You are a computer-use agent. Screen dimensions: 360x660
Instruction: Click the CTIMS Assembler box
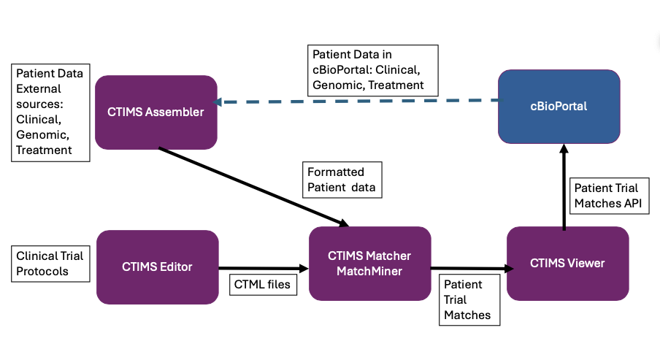point(156,111)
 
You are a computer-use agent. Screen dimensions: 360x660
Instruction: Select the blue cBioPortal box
point(559,107)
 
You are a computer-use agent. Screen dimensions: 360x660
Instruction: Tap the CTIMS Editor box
point(157,267)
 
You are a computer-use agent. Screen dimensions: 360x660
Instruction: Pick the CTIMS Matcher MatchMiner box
point(369,264)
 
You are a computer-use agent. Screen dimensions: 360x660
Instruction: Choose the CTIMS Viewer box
point(567,263)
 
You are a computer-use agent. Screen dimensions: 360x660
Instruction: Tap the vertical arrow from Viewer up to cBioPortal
point(564,186)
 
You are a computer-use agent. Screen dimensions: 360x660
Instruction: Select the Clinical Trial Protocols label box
point(50,263)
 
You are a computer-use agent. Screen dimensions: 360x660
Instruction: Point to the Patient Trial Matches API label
point(607,196)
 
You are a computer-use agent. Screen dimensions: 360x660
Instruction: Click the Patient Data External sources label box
point(50,112)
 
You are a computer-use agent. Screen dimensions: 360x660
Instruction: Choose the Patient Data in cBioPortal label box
point(372,69)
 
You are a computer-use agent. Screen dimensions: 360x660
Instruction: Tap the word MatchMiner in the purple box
point(369,272)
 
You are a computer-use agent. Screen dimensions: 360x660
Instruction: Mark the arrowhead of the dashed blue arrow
point(217,102)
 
